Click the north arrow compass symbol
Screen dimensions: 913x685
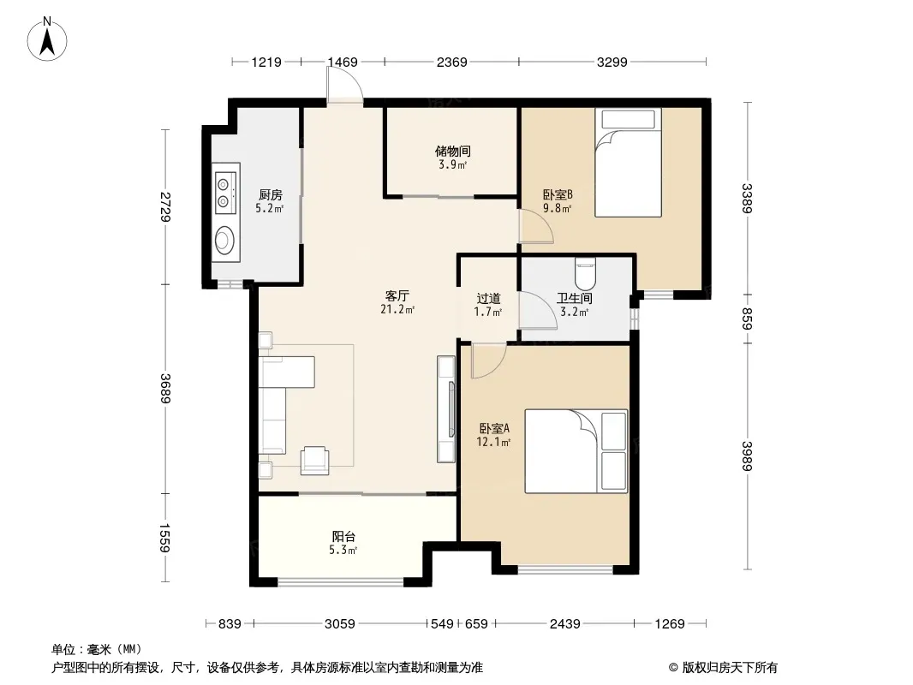click(x=47, y=39)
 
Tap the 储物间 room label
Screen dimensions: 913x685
click(x=452, y=152)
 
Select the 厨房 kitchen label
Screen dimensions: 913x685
click(x=270, y=195)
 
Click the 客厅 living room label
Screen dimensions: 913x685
click(x=397, y=295)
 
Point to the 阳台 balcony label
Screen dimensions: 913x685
click(x=343, y=537)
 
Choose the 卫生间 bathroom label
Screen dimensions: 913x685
click(x=574, y=299)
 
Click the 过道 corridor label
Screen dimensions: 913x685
click(x=488, y=299)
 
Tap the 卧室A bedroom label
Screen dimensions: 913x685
click(x=494, y=428)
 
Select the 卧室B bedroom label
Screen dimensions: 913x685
click(x=558, y=194)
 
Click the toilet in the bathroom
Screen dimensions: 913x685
click(x=585, y=273)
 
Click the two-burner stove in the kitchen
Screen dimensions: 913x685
click(x=226, y=193)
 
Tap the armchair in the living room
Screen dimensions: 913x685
click(x=314, y=460)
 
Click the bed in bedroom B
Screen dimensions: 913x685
click(x=628, y=163)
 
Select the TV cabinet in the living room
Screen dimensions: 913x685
click(x=446, y=409)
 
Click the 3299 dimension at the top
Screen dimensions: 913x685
click(x=612, y=62)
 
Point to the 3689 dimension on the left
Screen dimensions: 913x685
click(x=165, y=388)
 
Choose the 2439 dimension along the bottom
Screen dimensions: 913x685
click(x=564, y=624)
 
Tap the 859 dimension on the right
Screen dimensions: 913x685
click(x=748, y=319)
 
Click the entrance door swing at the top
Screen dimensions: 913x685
click(x=344, y=85)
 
